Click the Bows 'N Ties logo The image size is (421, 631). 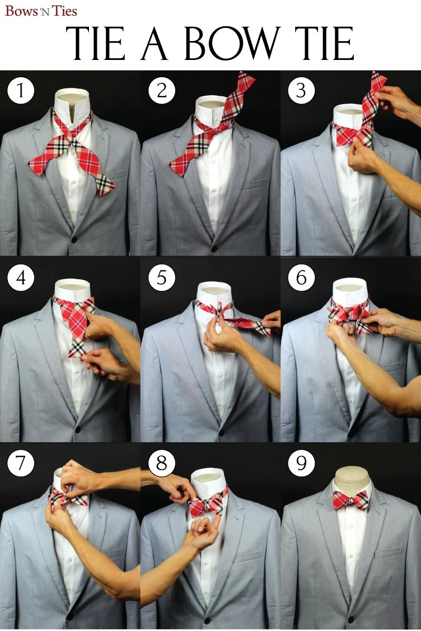[41, 11]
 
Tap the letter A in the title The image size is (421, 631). [154, 43]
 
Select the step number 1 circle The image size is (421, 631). [21, 91]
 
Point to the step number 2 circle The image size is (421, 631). [162, 90]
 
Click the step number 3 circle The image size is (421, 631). [301, 90]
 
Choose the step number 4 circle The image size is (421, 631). [21, 278]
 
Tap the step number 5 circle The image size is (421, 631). [162, 278]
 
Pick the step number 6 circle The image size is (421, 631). [301, 278]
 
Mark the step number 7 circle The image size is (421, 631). [21, 463]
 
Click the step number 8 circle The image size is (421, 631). [162, 463]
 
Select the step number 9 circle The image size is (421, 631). [301, 463]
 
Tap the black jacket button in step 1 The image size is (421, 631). [74, 240]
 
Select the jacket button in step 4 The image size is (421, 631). [78, 430]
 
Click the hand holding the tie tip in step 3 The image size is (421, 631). [398, 101]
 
